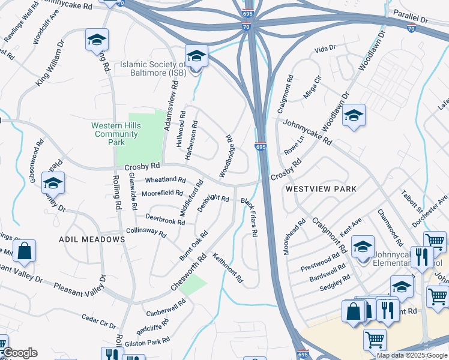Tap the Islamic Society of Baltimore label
click(152, 68)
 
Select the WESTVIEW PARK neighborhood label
click(321, 188)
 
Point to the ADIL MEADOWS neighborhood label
click(92, 239)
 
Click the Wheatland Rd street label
click(165, 179)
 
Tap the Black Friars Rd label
click(249, 217)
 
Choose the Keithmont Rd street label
click(228, 267)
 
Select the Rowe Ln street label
click(294, 144)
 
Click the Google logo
click(20, 353)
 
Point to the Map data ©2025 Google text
click(412, 355)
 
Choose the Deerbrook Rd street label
click(165, 220)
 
